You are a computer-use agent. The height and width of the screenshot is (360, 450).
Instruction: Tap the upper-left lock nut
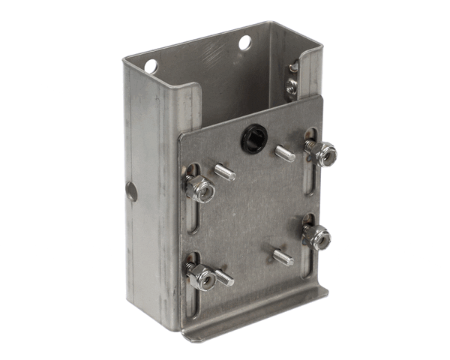coord(200,188)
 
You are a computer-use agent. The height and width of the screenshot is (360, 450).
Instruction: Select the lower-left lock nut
coord(200,277)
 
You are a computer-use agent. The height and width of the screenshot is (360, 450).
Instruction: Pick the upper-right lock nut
coord(322,153)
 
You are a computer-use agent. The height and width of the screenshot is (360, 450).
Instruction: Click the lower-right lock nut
coord(318,238)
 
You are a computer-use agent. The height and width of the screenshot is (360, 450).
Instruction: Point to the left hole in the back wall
coord(151,66)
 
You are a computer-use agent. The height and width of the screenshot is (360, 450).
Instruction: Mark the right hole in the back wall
coord(244,43)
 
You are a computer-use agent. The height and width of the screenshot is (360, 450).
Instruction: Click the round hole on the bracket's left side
coord(131,191)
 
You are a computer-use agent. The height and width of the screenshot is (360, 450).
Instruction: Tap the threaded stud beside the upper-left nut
coord(225,172)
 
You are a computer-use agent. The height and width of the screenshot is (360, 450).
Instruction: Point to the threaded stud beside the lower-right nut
coord(283,257)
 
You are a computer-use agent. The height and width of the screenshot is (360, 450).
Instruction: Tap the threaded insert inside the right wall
coord(290,84)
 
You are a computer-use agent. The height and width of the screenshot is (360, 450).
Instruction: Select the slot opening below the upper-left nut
coord(194,217)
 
